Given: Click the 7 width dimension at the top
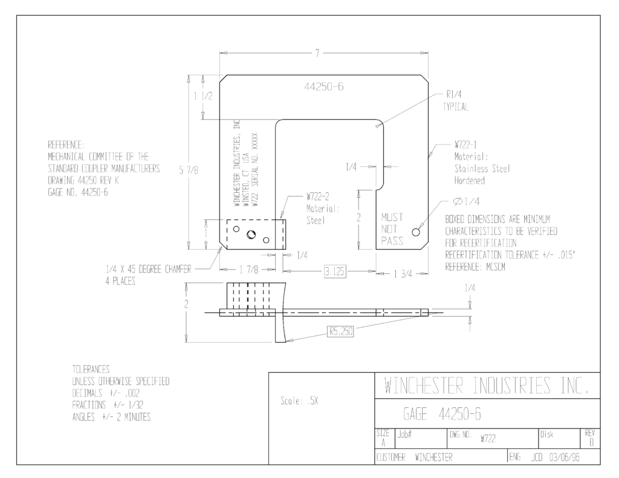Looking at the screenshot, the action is tap(317, 53).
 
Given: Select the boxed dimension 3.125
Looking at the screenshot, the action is tap(335, 271).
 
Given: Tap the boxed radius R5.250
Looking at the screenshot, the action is tap(341, 331).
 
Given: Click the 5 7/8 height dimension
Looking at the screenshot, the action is tap(189, 170).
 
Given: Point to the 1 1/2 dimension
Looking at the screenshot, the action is tap(203, 96).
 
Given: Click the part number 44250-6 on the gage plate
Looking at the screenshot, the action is tap(324, 87).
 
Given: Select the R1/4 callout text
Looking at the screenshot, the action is tap(454, 94).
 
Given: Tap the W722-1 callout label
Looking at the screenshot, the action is tap(465, 145).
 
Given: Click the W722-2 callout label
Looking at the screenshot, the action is tap(318, 196).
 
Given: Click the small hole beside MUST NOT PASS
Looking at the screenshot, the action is tap(416, 232).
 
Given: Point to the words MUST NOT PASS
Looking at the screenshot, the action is tap(392, 229).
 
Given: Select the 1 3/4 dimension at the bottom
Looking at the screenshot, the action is tap(403, 274).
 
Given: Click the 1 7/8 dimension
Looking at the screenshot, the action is tap(249, 270).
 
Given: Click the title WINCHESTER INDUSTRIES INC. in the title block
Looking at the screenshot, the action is tap(487, 386).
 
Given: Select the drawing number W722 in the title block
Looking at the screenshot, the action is tap(488, 439).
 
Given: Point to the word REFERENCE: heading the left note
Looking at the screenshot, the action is tap(66, 144).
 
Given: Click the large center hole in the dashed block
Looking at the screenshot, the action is tap(251, 234).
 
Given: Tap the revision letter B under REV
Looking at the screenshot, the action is tap(591, 442).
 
